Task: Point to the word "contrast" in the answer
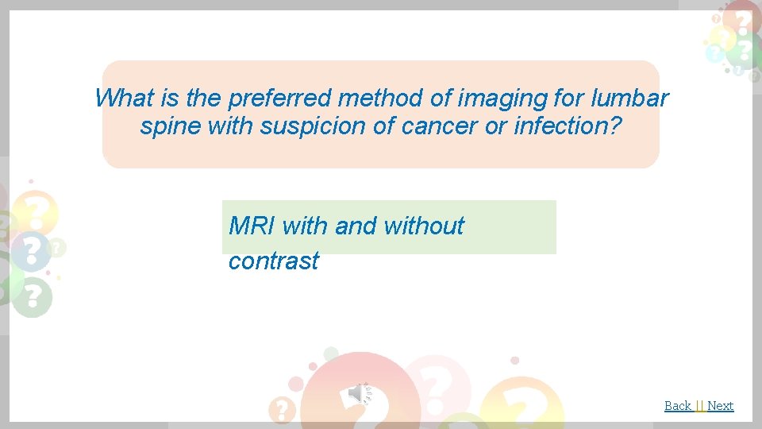pyautogui.click(x=274, y=261)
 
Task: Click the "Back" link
pyautogui.click(x=678, y=406)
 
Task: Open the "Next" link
pyautogui.click(x=720, y=406)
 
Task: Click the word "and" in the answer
pyautogui.click(x=356, y=226)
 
